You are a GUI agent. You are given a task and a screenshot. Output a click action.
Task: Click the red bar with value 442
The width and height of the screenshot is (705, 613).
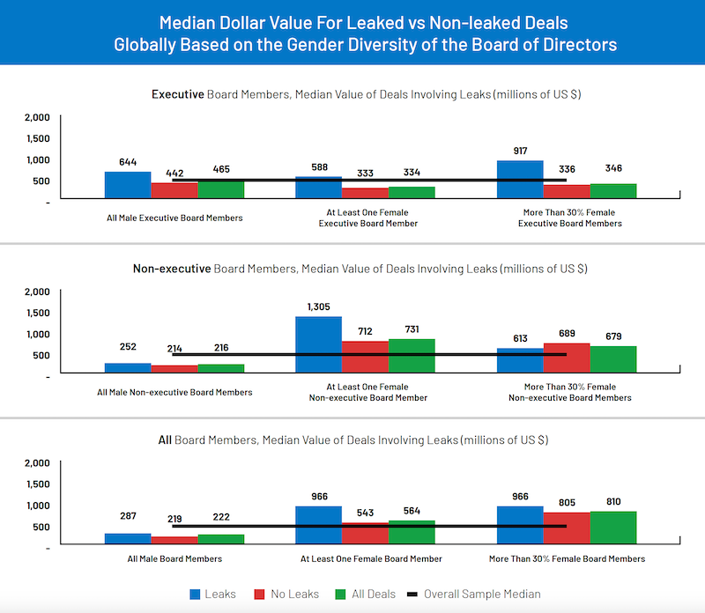pos(174,190)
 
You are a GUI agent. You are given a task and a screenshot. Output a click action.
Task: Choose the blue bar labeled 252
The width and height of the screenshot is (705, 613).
pos(128,368)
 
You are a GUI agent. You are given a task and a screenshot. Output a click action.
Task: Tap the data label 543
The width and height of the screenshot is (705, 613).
pos(365,512)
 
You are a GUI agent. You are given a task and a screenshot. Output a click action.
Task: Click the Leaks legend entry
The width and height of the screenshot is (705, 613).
pos(211,595)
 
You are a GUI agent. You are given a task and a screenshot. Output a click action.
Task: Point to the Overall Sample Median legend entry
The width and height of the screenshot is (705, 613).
pos(471,595)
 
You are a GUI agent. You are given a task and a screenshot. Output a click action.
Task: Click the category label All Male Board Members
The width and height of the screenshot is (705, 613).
pos(174,559)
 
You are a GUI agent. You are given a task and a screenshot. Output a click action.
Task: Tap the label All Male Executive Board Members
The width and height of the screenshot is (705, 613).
pos(174,217)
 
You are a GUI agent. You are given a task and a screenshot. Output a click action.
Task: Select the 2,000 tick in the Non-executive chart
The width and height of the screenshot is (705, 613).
pos(37,292)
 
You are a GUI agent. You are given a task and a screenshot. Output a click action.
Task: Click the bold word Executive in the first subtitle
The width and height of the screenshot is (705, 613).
pos(178,94)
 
